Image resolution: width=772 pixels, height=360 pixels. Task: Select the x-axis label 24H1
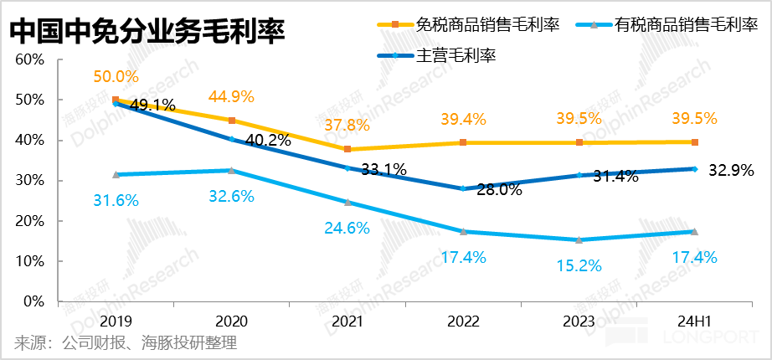click(x=694, y=321)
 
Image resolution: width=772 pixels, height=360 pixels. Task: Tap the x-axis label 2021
click(x=347, y=321)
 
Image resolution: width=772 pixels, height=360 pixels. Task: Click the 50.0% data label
click(x=115, y=77)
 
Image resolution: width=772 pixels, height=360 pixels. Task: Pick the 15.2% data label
click(x=579, y=265)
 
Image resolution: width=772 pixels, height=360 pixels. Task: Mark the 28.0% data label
click(x=499, y=190)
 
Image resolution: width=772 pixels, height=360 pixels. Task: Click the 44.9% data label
click(x=231, y=95)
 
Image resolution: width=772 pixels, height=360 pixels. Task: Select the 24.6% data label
click(x=347, y=227)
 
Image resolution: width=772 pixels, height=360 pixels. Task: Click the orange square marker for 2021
click(x=347, y=149)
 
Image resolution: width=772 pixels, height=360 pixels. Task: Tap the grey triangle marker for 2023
click(x=579, y=239)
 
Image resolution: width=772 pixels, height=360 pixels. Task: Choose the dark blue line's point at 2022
click(x=463, y=188)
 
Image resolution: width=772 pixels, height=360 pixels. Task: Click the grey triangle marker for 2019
click(x=116, y=174)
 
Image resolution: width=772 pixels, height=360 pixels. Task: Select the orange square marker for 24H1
click(x=695, y=142)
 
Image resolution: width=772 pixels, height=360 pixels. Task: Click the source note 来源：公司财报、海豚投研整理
click(x=126, y=343)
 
